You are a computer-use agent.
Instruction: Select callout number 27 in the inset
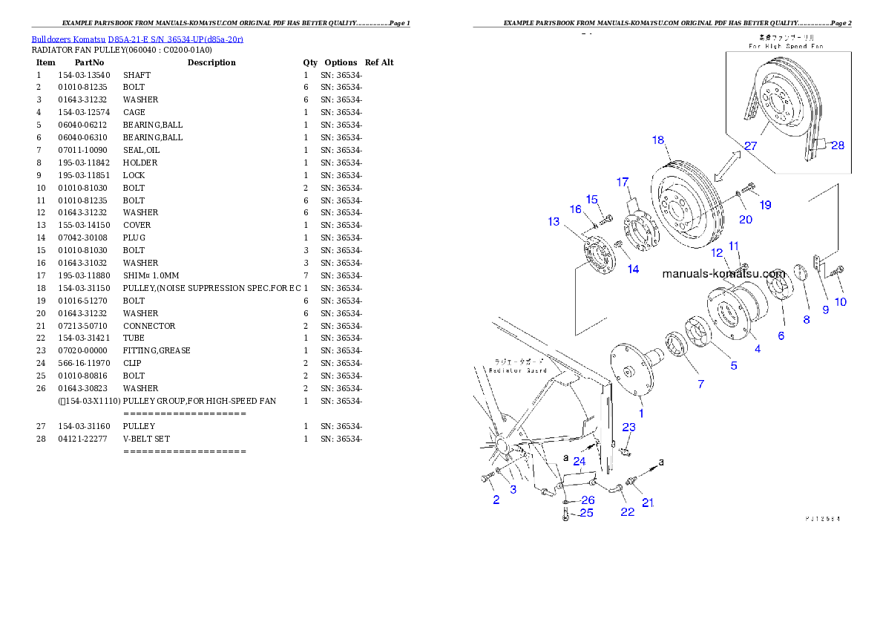coord(750,146)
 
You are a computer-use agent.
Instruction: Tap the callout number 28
coord(837,145)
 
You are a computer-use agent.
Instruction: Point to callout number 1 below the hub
coord(642,413)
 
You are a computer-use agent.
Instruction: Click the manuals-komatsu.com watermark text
coord(723,273)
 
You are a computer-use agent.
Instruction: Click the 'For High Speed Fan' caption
coord(786,46)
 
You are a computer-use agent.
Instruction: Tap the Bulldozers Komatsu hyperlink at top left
coord(137,39)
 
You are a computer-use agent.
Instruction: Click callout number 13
coord(554,221)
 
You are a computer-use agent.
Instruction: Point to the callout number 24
coord(579,461)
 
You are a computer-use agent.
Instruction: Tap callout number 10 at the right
coord(840,302)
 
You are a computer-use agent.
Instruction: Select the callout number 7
coord(700,384)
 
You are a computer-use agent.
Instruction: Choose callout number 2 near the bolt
coord(496,500)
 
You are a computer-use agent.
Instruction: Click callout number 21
coord(648,503)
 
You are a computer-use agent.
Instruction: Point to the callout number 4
coord(757,348)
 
